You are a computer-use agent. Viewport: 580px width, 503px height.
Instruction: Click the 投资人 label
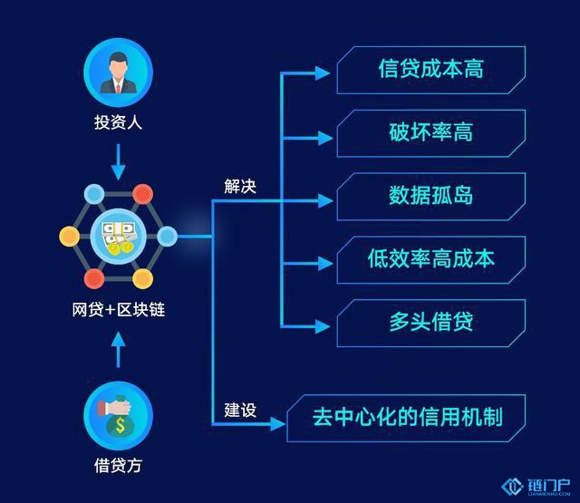pos(118,122)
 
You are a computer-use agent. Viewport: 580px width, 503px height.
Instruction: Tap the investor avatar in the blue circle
pos(118,73)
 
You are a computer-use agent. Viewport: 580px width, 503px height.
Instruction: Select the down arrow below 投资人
pos(119,161)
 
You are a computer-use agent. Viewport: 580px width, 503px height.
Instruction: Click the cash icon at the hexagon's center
pos(119,237)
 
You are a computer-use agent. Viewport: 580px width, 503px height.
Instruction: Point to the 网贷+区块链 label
pos(119,310)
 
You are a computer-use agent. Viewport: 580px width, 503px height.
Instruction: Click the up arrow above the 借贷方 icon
pos(119,350)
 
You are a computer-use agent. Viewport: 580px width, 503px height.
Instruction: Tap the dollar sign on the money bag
pos(121,425)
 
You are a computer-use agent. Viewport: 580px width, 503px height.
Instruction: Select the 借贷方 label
pos(118,465)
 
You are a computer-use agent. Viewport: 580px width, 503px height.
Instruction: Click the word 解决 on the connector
pos(240,186)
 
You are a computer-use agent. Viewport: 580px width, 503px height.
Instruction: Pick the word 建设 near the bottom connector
pos(240,411)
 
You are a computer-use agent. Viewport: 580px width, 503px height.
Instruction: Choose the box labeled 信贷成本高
pos(431,70)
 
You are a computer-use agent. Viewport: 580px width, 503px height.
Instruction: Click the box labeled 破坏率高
pos(431,133)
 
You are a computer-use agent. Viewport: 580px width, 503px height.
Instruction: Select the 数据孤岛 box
pos(431,197)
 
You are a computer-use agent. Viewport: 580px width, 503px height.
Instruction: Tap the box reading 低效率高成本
pos(431,259)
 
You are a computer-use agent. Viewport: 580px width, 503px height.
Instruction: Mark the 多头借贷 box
pos(431,323)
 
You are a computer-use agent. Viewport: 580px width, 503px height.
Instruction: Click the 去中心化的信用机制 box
pos(406,418)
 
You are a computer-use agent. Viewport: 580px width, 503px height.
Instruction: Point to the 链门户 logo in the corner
pos(536,487)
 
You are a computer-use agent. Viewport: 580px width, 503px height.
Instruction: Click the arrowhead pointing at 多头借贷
pos(323,326)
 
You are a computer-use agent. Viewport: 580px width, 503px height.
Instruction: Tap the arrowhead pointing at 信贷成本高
pos(323,73)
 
